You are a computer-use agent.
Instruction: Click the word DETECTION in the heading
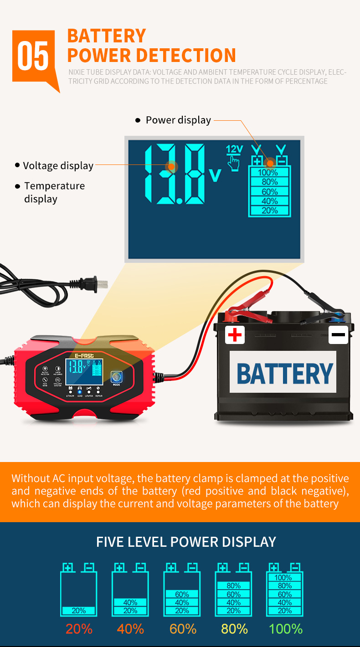[186, 55]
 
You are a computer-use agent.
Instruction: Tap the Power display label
[178, 120]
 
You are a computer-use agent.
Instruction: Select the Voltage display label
[58, 166]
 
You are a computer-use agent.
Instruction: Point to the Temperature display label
[54, 192]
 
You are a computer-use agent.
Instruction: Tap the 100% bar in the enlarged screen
[269, 172]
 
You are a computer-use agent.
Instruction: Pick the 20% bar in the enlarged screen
[269, 211]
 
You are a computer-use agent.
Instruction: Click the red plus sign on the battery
[235, 335]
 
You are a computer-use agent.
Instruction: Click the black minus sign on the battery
[338, 335]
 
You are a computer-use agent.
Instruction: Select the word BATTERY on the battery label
[285, 374]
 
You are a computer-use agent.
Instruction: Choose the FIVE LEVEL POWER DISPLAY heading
[186, 542]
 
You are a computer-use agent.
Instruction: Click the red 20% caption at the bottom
[79, 629]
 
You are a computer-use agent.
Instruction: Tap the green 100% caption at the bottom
[285, 629]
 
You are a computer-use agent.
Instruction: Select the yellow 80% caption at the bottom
[234, 629]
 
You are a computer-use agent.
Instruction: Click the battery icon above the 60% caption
[182, 590]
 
